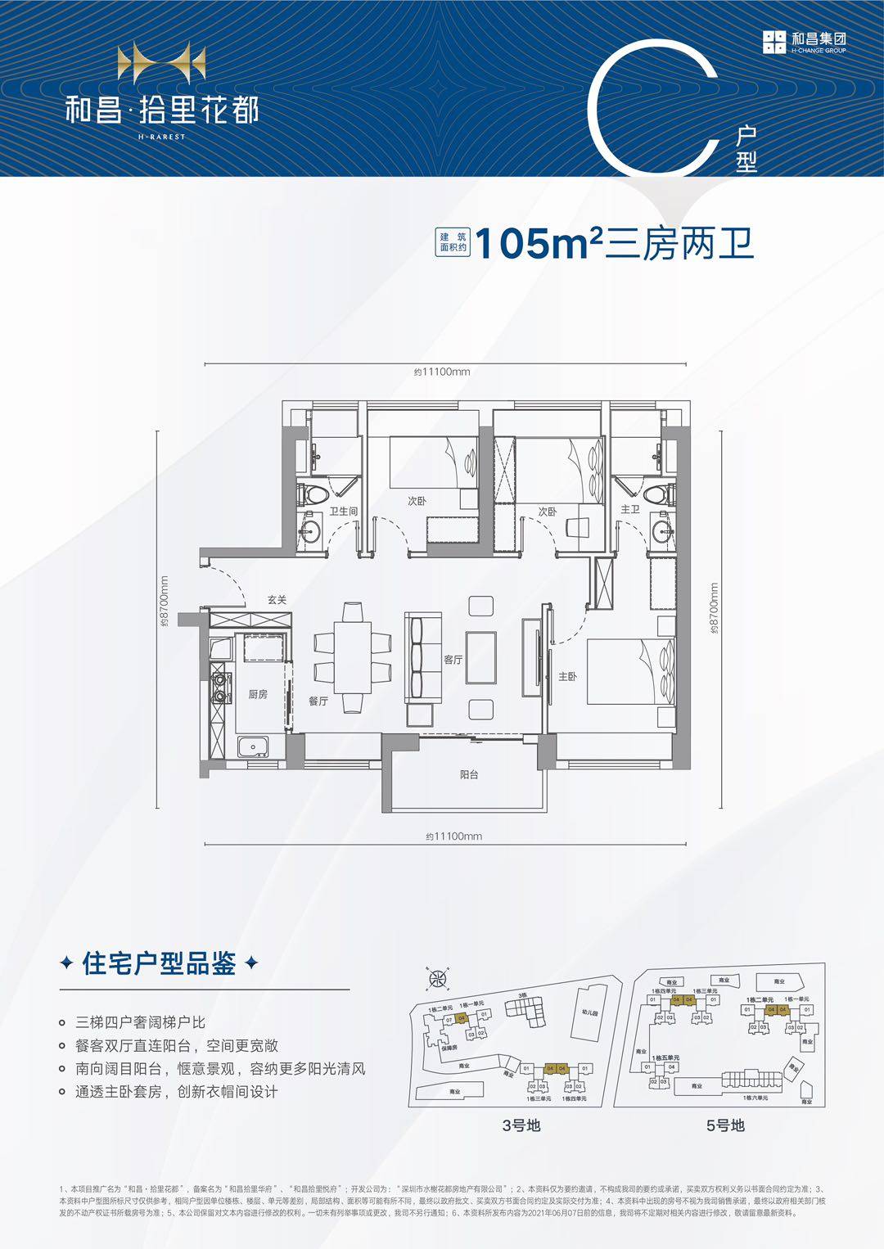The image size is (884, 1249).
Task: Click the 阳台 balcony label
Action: [x=468, y=774]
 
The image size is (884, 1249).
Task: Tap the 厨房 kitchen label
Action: [x=258, y=694]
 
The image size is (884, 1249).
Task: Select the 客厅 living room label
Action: [x=453, y=659]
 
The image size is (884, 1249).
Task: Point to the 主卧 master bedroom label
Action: [x=567, y=677]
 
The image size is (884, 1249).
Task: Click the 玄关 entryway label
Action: [x=277, y=600]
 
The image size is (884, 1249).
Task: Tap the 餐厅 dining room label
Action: [x=318, y=701]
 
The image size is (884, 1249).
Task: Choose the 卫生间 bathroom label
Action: [x=344, y=511]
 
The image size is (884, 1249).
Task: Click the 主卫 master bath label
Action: [x=629, y=509]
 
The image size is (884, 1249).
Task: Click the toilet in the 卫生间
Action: [x=313, y=494]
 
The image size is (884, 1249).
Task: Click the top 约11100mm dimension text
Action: [x=442, y=372]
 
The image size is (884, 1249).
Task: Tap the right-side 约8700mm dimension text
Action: [x=714, y=609]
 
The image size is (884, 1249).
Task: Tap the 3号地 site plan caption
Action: [x=521, y=1125]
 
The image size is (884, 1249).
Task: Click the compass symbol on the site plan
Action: [x=439, y=979]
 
